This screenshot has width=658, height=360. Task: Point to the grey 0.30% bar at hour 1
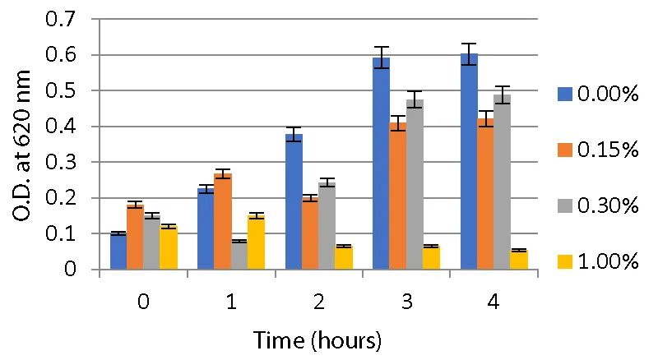(239, 255)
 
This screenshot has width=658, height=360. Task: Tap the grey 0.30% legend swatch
(563, 206)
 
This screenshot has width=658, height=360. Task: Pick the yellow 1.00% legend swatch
(563, 262)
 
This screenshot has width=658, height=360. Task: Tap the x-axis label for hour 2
(319, 302)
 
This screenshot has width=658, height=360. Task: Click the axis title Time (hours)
(317, 339)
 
